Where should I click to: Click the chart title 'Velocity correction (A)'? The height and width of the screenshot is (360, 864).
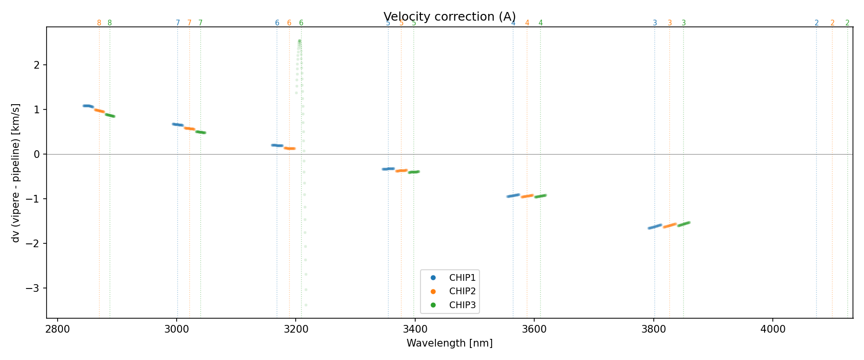pyautogui.click(x=450, y=17)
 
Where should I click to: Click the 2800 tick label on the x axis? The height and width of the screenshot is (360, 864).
pyautogui.click(x=58, y=329)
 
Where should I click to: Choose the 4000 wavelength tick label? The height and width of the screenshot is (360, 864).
pyautogui.click(x=773, y=329)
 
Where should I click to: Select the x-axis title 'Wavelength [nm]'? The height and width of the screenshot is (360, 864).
pyautogui.click(x=450, y=343)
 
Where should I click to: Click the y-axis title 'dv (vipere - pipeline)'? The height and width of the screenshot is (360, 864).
pyautogui.click(x=16, y=173)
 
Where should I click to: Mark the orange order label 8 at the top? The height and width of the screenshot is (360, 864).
pyautogui.click(x=99, y=23)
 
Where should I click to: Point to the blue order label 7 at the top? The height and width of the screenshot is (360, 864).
pyautogui.click(x=178, y=23)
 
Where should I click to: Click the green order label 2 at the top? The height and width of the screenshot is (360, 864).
pyautogui.click(x=847, y=23)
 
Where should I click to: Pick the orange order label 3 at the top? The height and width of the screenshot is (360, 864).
pyautogui.click(x=670, y=23)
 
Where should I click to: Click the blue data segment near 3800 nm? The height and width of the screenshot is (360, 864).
pyautogui.click(x=655, y=227)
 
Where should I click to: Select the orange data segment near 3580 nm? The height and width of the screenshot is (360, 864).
pyautogui.click(x=527, y=196)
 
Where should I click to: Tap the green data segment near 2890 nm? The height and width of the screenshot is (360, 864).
pyautogui.click(x=110, y=115)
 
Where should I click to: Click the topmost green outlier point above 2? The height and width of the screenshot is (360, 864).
pyautogui.click(x=299, y=41)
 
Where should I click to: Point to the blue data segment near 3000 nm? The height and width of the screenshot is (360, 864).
pyautogui.click(x=178, y=125)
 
